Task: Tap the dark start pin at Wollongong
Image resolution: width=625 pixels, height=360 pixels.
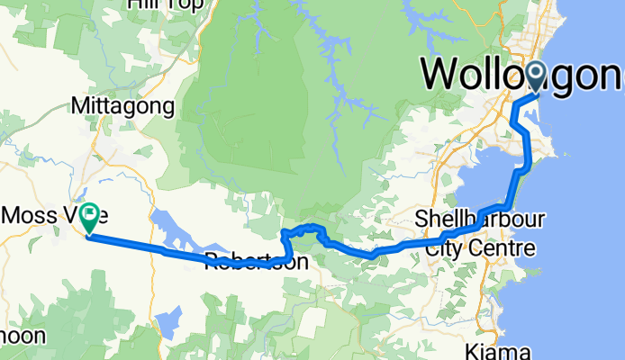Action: click(x=537, y=76)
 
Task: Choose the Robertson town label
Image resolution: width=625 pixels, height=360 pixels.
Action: click(x=257, y=262)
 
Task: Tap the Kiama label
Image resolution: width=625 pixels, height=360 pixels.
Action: click(x=498, y=349)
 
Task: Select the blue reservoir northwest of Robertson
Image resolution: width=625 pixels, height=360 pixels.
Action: click(x=185, y=229)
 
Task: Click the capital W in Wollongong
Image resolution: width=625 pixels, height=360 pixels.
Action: click(x=443, y=74)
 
